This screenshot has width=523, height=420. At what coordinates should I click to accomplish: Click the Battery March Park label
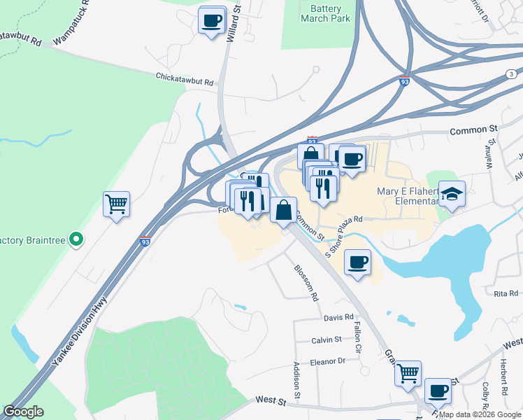(x=325, y=14)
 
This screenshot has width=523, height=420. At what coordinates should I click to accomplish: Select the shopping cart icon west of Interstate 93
(x=116, y=204)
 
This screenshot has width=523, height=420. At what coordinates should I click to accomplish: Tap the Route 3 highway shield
(x=512, y=74)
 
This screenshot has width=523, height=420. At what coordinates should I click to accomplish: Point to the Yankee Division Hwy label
(x=78, y=333)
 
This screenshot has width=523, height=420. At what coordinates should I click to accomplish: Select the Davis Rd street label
(x=339, y=317)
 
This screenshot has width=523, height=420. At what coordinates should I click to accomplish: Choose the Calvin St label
(x=327, y=339)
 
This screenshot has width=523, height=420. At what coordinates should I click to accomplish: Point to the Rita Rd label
(x=505, y=294)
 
